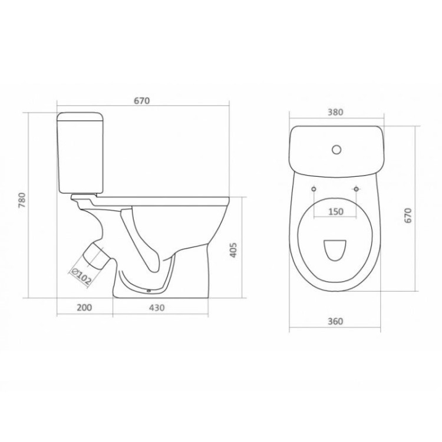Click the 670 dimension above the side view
pyautogui.click(x=141, y=101)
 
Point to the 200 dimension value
pyautogui.click(x=84, y=308)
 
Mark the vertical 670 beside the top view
pyautogui.click(x=407, y=215)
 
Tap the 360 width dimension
pyautogui.click(x=334, y=321)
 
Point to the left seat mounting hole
pyautogui.click(x=314, y=189)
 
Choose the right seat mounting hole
pyautogui.click(x=356, y=189)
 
